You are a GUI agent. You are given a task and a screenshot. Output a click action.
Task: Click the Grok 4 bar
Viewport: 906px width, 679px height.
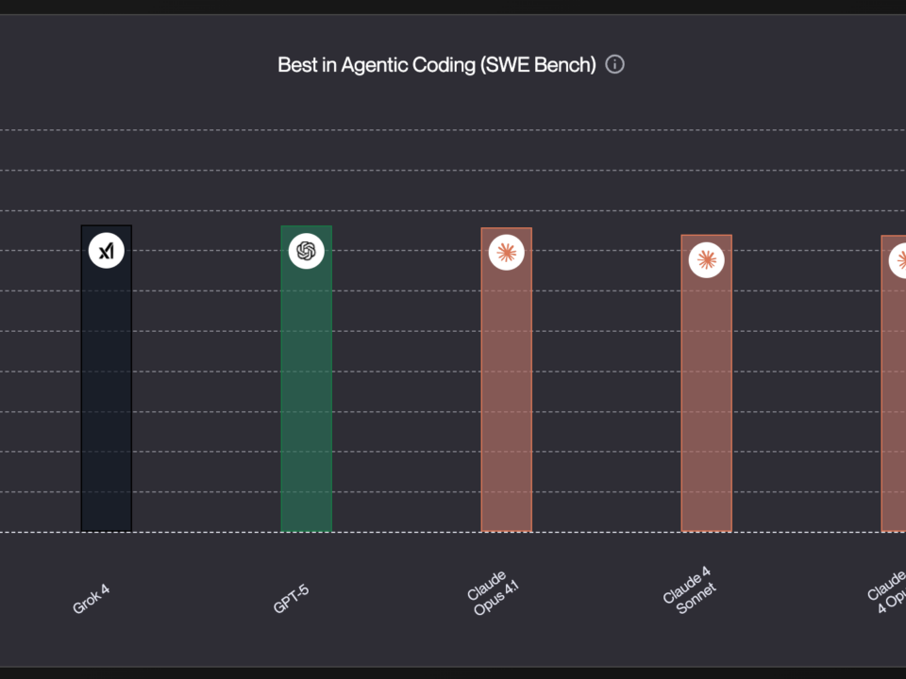click(106, 396)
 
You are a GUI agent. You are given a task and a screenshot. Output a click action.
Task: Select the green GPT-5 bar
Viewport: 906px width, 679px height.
click(306, 396)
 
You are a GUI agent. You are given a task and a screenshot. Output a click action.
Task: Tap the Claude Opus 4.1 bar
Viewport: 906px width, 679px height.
click(506, 396)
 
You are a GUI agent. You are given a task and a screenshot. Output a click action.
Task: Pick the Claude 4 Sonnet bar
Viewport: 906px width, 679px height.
click(706, 396)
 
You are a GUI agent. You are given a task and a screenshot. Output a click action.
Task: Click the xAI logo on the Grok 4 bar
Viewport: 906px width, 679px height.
click(107, 251)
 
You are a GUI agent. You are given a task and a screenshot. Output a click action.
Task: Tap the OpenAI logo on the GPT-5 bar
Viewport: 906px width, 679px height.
click(306, 251)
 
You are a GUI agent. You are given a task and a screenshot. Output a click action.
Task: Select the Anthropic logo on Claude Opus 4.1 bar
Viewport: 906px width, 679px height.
click(507, 252)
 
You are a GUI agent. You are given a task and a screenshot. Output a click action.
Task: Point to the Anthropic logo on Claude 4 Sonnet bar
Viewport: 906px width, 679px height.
click(706, 259)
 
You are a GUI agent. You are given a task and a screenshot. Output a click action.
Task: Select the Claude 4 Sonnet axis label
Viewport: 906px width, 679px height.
click(691, 591)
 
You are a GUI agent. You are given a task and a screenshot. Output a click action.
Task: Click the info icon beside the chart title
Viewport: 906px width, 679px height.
click(615, 64)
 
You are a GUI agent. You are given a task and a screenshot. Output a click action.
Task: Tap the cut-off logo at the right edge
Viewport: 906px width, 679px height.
click(898, 259)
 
